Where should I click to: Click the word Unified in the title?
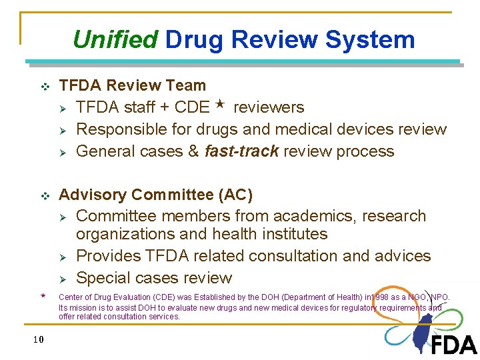coord(115,39)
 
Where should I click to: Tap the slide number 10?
coord(38,339)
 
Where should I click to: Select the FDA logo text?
coord(453,344)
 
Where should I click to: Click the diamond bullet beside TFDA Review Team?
coord(45,87)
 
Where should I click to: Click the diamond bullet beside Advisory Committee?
coord(45,196)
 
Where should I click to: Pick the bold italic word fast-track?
coord(241,151)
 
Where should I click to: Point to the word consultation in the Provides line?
coord(277,256)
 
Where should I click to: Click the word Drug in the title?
coord(195,39)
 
